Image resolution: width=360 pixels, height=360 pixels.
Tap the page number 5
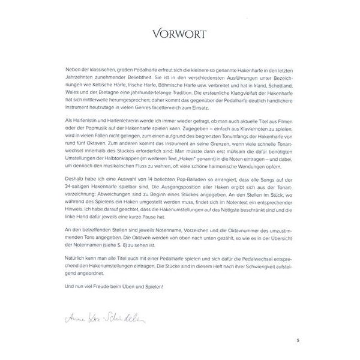click(296, 341)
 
